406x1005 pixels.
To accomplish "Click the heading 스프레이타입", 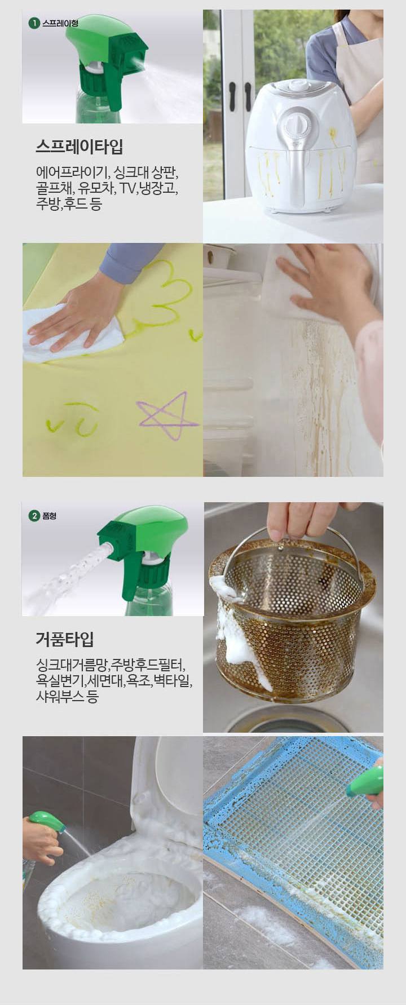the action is [79, 147].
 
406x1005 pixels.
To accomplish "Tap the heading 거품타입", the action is [64, 639].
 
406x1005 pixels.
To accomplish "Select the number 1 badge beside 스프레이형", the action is [34, 24].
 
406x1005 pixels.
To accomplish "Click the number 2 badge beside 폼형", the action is [34, 516].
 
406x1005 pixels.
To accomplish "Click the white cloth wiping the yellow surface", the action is [68, 338].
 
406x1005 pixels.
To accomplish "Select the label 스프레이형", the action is [60, 24].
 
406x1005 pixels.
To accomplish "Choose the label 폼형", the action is [50, 516].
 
